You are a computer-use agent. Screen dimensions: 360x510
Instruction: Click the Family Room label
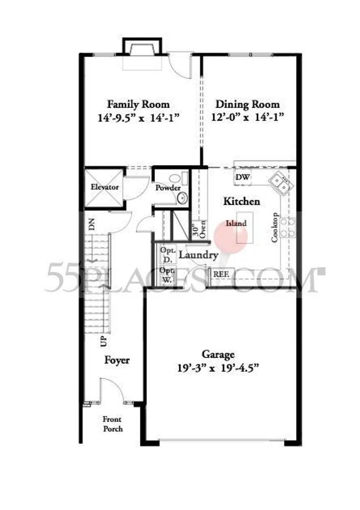pos(139,105)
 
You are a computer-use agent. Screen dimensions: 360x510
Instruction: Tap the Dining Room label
pos(247,105)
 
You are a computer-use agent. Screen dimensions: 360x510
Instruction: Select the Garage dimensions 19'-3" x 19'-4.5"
pos(218,368)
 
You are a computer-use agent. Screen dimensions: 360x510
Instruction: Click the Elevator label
pos(105,187)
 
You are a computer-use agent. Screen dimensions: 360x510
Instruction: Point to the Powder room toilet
pos(179,178)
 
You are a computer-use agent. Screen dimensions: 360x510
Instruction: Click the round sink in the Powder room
pos(182,198)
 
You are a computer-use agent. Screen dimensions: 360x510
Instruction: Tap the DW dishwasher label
pos(242,177)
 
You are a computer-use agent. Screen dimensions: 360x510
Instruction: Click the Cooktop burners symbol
pos(288,228)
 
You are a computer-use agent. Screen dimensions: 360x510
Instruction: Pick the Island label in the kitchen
pos(236,223)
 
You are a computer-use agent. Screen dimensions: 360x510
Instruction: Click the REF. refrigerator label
pos(221,274)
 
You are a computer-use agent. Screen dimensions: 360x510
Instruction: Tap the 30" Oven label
pos(199,229)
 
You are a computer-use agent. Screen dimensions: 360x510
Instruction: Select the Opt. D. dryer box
pos(168,254)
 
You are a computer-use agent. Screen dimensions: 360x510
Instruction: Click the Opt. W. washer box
pos(168,274)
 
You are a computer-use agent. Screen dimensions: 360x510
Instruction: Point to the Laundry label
pos(198,255)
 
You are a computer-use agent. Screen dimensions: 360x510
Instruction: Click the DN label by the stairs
pos(92,224)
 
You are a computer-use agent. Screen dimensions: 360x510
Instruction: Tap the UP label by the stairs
pos(103,342)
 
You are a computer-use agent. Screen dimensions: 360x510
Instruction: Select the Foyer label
pos(117,360)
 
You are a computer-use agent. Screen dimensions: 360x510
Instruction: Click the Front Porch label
pos(113,424)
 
